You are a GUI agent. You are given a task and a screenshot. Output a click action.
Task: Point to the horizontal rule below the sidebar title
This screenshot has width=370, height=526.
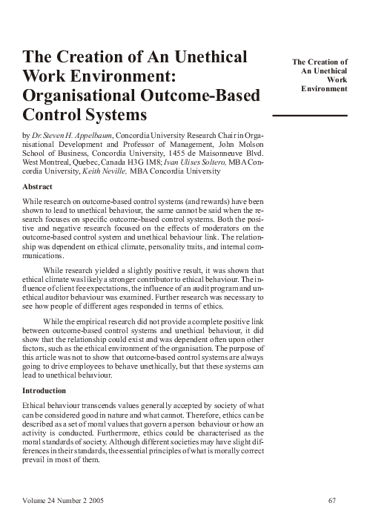(311, 116)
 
